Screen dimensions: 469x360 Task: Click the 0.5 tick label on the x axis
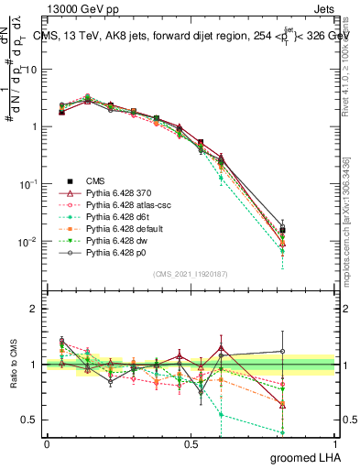point(191,442)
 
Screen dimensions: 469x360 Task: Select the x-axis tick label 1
point(334,442)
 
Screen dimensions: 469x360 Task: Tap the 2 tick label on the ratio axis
point(35,309)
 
